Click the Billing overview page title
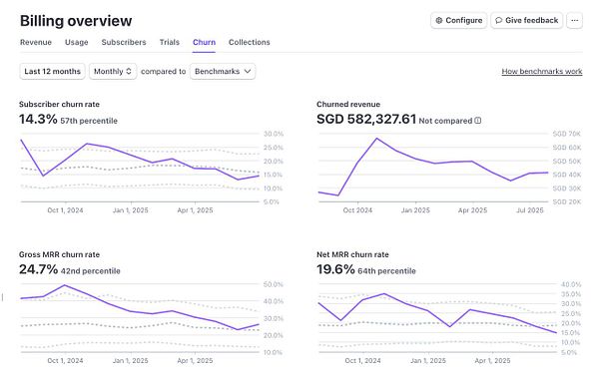tap(76, 20)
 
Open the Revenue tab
tap(36, 42)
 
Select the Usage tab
tap(77, 42)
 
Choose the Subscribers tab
tap(123, 42)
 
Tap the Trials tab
tap(170, 42)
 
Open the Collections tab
tap(250, 42)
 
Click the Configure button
tap(458, 20)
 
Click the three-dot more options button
tap(574, 20)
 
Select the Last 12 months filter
tap(51, 71)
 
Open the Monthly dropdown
tap(113, 71)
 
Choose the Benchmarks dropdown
tap(223, 71)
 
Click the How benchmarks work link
tap(541, 72)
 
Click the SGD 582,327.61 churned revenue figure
tap(365, 119)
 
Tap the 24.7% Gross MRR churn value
tap(39, 269)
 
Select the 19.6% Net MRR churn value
tap(337, 269)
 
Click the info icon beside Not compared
tap(477, 120)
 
